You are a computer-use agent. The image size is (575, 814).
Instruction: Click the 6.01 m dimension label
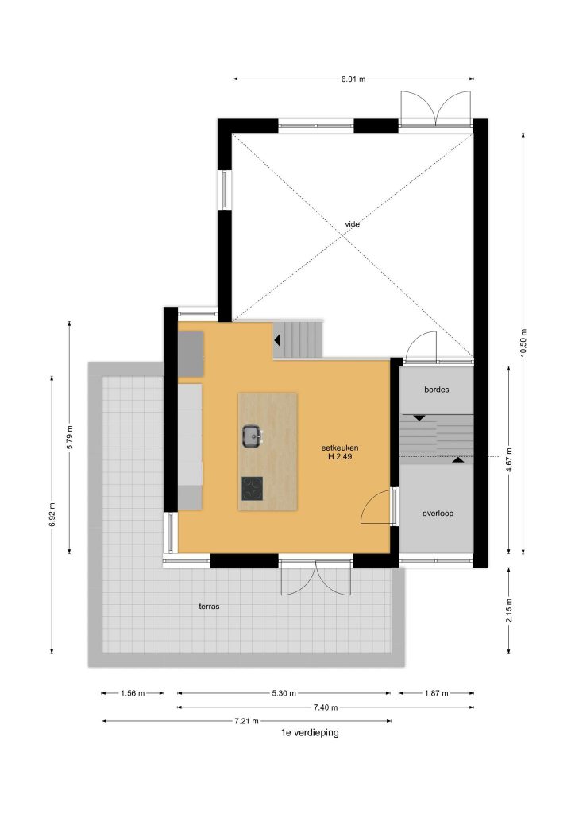point(353,79)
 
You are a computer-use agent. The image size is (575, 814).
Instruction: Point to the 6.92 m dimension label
point(52,514)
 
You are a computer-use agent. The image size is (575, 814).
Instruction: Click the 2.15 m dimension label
point(509,610)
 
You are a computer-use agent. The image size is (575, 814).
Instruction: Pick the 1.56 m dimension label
point(133,693)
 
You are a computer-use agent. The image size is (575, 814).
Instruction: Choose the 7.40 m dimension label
point(325,707)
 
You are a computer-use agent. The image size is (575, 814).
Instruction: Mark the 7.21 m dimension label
point(246,721)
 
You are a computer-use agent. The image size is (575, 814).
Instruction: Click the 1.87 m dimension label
point(437,693)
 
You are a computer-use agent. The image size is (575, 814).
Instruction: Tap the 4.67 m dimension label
point(509,459)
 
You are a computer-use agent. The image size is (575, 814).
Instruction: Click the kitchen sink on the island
point(252,436)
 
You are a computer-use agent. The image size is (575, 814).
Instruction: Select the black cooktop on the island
point(252,489)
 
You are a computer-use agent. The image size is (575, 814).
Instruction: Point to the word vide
point(353,224)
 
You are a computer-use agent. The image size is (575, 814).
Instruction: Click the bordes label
point(437,390)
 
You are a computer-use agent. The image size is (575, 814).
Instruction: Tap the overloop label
point(438,514)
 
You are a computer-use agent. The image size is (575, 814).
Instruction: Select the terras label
point(209,607)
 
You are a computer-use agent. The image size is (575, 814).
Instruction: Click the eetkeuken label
point(340,448)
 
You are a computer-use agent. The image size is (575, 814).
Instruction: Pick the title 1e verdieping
point(310,732)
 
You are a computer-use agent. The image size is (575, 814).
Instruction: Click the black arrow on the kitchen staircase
point(277,340)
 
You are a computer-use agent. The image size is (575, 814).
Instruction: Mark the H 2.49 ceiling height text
point(340,457)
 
